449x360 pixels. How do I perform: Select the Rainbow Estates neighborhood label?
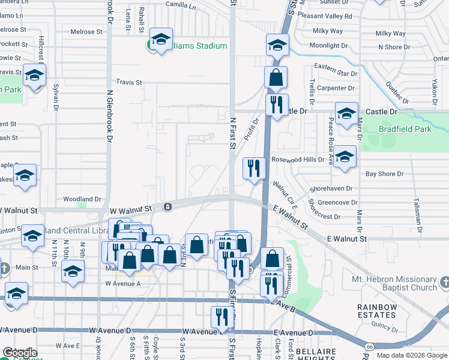pyautogui.click(x=377, y=311)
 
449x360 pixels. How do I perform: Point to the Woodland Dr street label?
pyautogui.click(x=82, y=199)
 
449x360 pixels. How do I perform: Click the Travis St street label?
pyautogui.click(x=128, y=82)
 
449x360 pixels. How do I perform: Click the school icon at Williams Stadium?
pyautogui.click(x=160, y=40)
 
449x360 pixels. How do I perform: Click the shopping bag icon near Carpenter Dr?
pyautogui.click(x=276, y=77)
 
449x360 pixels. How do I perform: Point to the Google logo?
pyautogui.click(x=19, y=352)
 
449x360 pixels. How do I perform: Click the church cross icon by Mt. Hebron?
pyautogui.click(x=444, y=282)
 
